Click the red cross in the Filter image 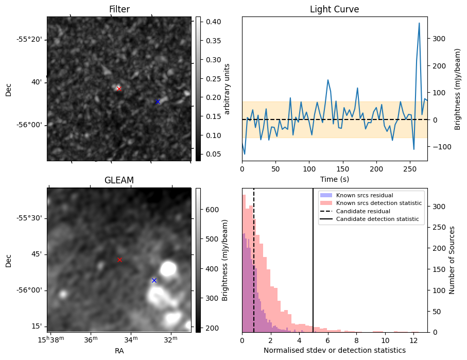pyautogui.click(x=119, y=89)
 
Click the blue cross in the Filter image pyautogui.click(x=158, y=102)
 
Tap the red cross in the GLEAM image pyautogui.click(x=119, y=260)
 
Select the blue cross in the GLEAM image pyautogui.click(x=154, y=281)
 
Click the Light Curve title pyautogui.click(x=335, y=9)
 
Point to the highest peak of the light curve pyautogui.click(x=419, y=23)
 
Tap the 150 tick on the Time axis pyautogui.click(x=343, y=169)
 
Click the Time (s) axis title pyautogui.click(x=335, y=179)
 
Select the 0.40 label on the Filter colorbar pyautogui.click(x=214, y=22)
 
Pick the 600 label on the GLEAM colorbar pyautogui.click(x=212, y=210)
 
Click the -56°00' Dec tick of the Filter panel pyautogui.click(x=31, y=125)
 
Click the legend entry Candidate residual pyautogui.click(x=363, y=211)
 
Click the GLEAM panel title pyautogui.click(x=119, y=180)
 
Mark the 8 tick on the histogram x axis pyautogui.click(x=356, y=340)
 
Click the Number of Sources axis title pyautogui.click(x=452, y=260)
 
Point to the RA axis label pyautogui.click(x=119, y=351)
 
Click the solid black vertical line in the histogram pyautogui.click(x=313, y=260)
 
